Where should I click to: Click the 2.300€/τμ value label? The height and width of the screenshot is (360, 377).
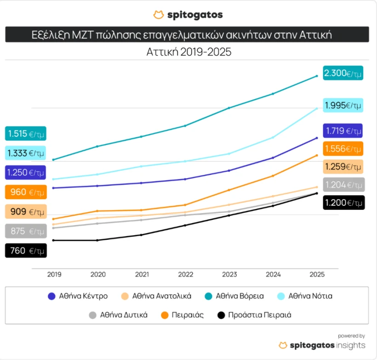click(x=343, y=73)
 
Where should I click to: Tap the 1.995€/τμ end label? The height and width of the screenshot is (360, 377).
click(x=343, y=105)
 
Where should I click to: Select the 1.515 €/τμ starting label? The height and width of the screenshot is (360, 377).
click(x=26, y=134)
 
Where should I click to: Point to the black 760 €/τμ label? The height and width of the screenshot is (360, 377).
click(x=26, y=251)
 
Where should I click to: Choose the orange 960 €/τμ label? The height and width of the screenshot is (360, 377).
click(x=26, y=192)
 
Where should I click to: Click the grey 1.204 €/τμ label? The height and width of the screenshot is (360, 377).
click(x=344, y=185)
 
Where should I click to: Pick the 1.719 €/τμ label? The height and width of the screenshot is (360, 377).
click(x=343, y=131)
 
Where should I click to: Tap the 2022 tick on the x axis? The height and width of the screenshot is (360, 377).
click(x=186, y=274)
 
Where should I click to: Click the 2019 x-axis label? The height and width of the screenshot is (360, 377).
click(x=54, y=274)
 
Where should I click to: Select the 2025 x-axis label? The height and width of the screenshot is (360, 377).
click(x=317, y=274)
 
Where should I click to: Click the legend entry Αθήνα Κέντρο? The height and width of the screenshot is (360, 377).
click(x=78, y=296)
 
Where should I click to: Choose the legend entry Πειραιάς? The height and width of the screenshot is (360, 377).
click(x=183, y=315)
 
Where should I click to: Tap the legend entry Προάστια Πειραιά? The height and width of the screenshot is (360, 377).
click(x=254, y=315)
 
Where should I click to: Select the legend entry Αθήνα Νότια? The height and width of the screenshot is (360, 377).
click(x=305, y=296)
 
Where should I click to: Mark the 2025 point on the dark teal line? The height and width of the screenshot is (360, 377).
click(x=317, y=76)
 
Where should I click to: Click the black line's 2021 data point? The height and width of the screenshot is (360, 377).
click(x=141, y=235)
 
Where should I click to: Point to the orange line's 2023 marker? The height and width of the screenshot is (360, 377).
click(x=229, y=190)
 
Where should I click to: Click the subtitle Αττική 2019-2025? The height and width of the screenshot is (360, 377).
click(x=189, y=52)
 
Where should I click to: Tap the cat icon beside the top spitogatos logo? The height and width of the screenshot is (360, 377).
click(x=159, y=15)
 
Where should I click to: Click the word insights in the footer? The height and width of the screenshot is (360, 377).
click(x=350, y=345)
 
